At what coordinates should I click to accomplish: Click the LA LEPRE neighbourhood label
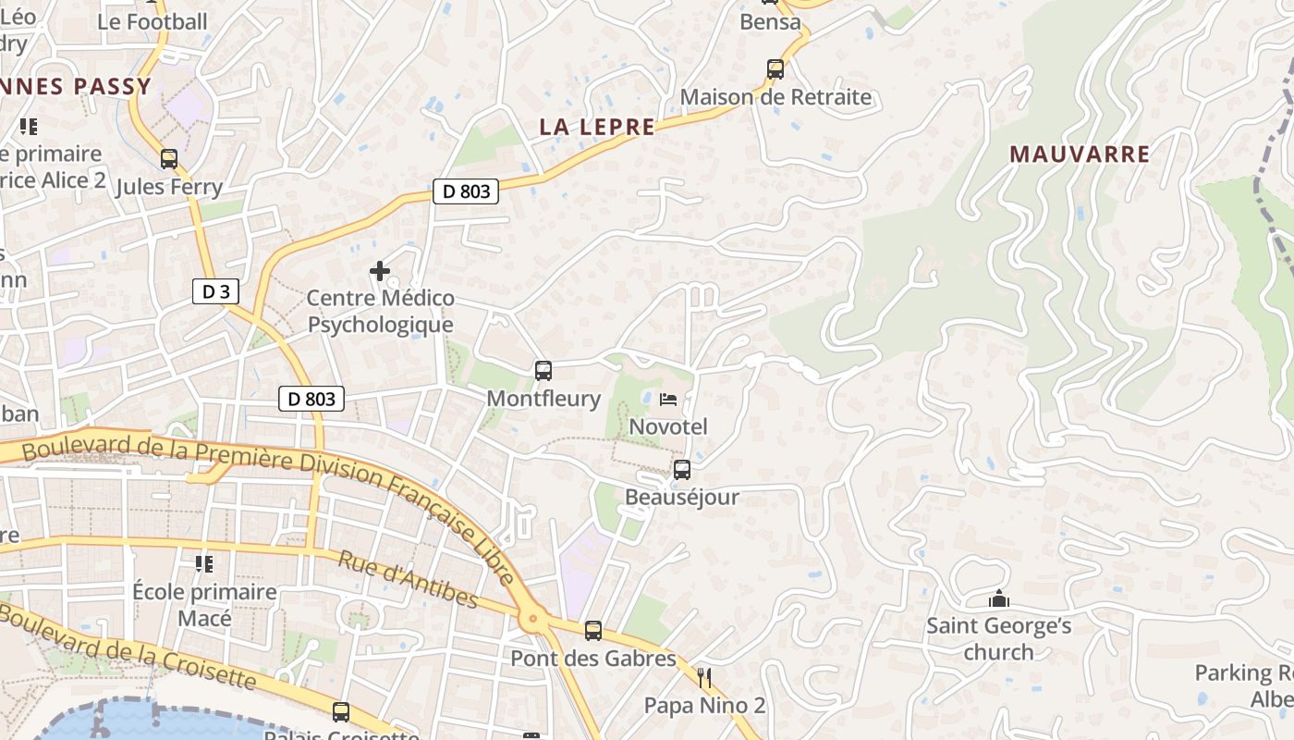coord(597,128)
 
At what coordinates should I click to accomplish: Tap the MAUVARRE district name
coord(1080,154)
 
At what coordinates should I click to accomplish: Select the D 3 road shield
coord(216,292)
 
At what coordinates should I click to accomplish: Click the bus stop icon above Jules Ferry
coord(168,159)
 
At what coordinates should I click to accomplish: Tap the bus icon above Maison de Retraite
coord(775,69)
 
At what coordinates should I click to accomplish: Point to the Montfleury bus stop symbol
coord(543,371)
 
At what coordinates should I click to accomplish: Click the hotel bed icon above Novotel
coord(668,400)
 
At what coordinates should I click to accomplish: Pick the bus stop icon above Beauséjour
coord(682,470)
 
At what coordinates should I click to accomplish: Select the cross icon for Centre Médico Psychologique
coord(379,271)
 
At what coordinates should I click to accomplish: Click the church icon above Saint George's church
coord(998,598)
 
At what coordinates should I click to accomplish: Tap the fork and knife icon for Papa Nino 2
coord(704,678)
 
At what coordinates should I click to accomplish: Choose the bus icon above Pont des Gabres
coord(593,631)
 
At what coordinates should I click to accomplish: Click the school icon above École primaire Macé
coord(204,563)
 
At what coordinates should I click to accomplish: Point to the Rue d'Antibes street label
coord(408,580)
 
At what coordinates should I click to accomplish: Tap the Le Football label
coord(153,21)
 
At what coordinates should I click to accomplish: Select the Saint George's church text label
coord(998,638)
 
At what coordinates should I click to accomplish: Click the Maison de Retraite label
coord(775,97)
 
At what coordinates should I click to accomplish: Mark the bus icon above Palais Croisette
coord(341,711)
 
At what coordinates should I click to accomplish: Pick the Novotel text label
coord(668,426)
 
